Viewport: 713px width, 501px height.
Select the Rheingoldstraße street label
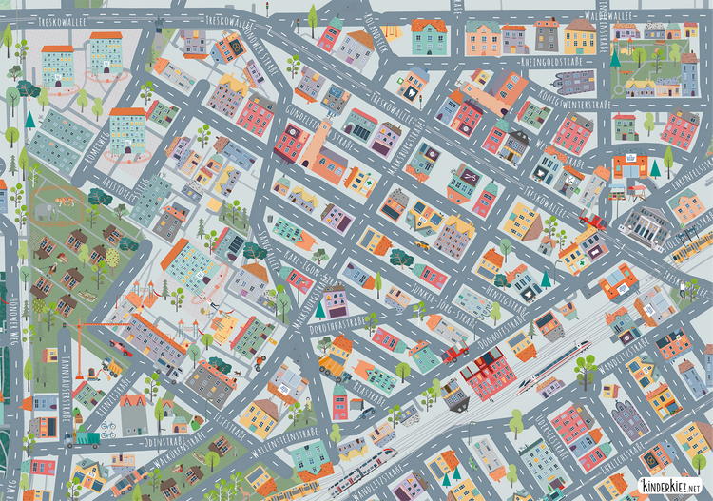pyautogui.click(x=550, y=61)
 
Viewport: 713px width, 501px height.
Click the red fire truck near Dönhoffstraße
pyautogui.click(x=455, y=353)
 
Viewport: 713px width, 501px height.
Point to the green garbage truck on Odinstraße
pyautogui.click(x=86, y=439)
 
